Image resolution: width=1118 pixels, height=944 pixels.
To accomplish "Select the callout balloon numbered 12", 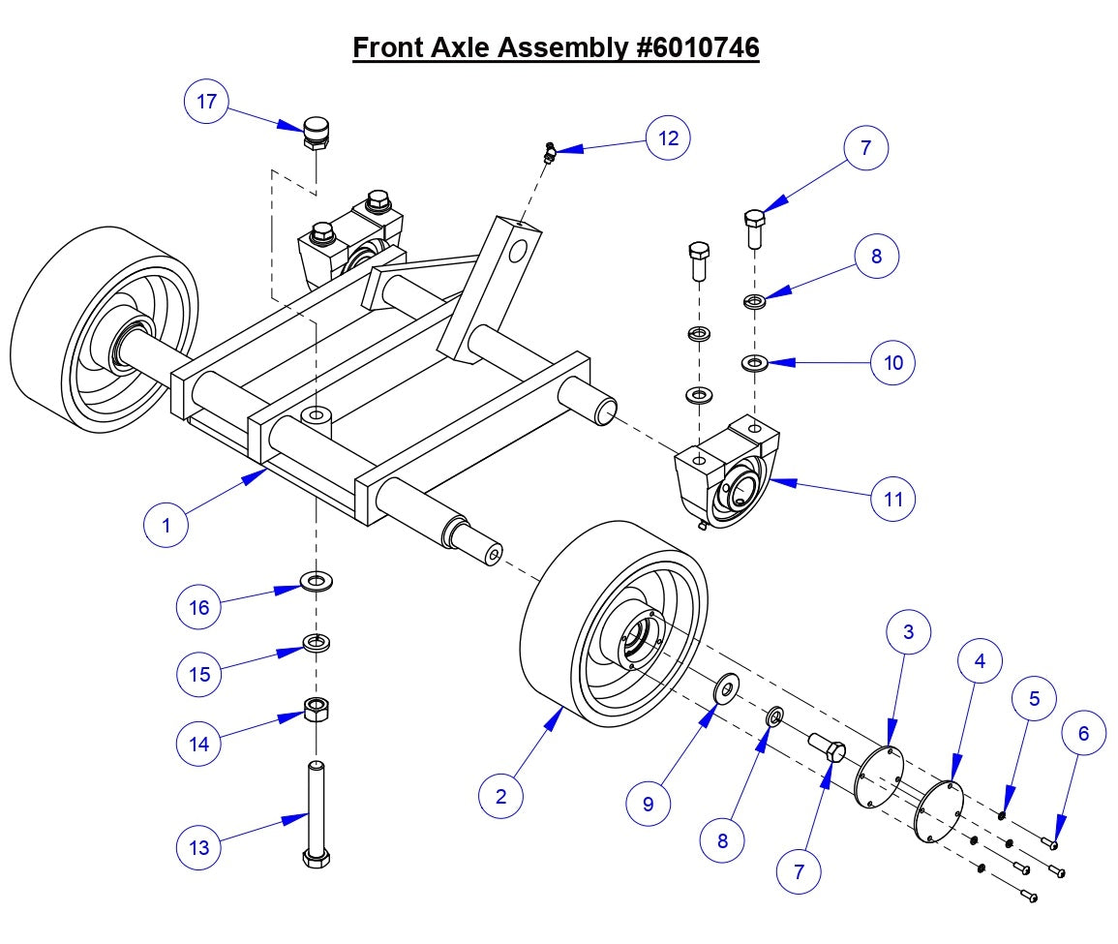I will point(668,137).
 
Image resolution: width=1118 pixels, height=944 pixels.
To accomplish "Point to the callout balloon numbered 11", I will point(892,499).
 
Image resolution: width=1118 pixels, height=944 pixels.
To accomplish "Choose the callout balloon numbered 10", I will point(892,362).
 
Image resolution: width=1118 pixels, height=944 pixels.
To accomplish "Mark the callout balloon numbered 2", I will point(501,796).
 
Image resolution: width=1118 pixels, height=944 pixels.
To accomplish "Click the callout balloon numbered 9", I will point(648,804).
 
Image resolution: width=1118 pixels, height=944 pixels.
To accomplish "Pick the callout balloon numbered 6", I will point(1083,734).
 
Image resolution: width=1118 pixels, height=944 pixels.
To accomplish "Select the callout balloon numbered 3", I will point(908,632).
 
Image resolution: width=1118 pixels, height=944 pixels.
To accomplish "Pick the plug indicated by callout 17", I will point(317,132).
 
